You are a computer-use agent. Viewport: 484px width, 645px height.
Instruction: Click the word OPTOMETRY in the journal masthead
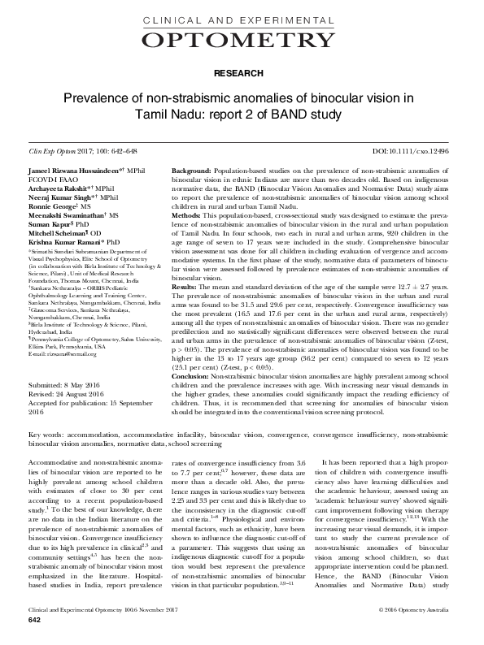(242, 41)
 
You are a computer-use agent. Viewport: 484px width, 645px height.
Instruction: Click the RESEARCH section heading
(242, 73)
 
